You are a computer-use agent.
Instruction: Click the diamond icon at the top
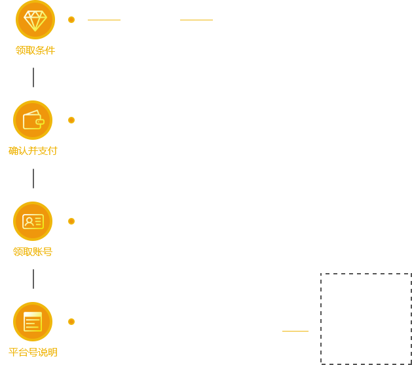coord(35,19)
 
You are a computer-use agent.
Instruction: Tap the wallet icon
coord(32,120)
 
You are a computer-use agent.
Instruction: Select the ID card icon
coord(32,221)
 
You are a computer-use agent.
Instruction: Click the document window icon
coord(32,322)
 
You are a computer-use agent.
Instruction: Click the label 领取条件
coord(35,50)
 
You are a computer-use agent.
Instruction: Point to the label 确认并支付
coord(33,150)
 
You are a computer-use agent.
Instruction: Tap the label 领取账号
coord(33,251)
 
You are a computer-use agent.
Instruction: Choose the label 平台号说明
coord(33,352)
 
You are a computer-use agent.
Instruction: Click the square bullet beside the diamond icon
coord(71,19)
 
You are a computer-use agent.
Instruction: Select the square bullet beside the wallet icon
coord(71,120)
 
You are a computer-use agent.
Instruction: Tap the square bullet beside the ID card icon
coord(71,221)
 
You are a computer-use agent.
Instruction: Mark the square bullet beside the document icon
coord(71,322)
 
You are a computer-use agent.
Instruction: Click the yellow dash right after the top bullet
coord(103,20)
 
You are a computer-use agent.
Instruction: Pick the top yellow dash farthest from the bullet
coord(196,20)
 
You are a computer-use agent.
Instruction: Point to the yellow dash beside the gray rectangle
coord(295,331)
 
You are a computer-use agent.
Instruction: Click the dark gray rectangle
coord(365,318)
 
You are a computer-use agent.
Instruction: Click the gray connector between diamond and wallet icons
coord(33,82)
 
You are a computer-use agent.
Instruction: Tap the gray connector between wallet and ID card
coord(33,177)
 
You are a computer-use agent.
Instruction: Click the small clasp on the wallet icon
coord(40,122)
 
